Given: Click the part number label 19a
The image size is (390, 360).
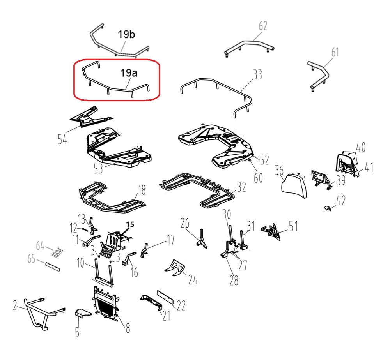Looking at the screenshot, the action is [x=129, y=73].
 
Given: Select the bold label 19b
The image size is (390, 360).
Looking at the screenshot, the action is [x=126, y=34].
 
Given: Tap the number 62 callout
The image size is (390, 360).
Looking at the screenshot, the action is [x=263, y=26].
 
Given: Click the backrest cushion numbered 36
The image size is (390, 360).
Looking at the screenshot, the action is [x=294, y=185].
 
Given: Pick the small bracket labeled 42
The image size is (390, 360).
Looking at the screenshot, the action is [x=328, y=208].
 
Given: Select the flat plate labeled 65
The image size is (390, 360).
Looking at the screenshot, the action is [x=53, y=266].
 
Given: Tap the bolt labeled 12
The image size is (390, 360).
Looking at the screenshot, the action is [x=83, y=229].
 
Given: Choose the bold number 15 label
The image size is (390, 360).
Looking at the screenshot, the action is [x=130, y=224].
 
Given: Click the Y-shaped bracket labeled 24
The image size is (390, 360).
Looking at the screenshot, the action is [x=175, y=268].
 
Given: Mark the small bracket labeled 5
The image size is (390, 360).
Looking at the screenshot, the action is [x=83, y=313].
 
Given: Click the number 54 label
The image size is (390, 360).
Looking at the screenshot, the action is [x=62, y=139].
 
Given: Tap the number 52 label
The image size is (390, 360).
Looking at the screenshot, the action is [x=264, y=160].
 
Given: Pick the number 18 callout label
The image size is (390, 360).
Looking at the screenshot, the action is [x=142, y=191].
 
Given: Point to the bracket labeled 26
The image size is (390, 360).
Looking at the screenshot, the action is [x=202, y=239].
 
